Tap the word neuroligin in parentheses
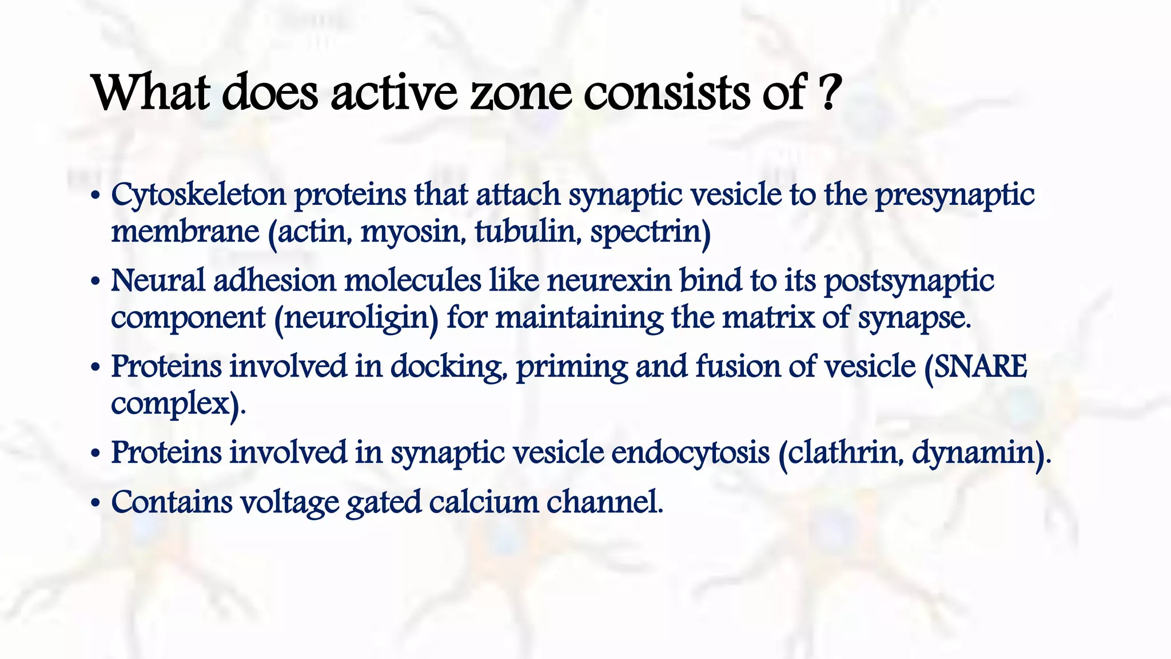point(356,318)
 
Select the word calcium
point(484,502)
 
